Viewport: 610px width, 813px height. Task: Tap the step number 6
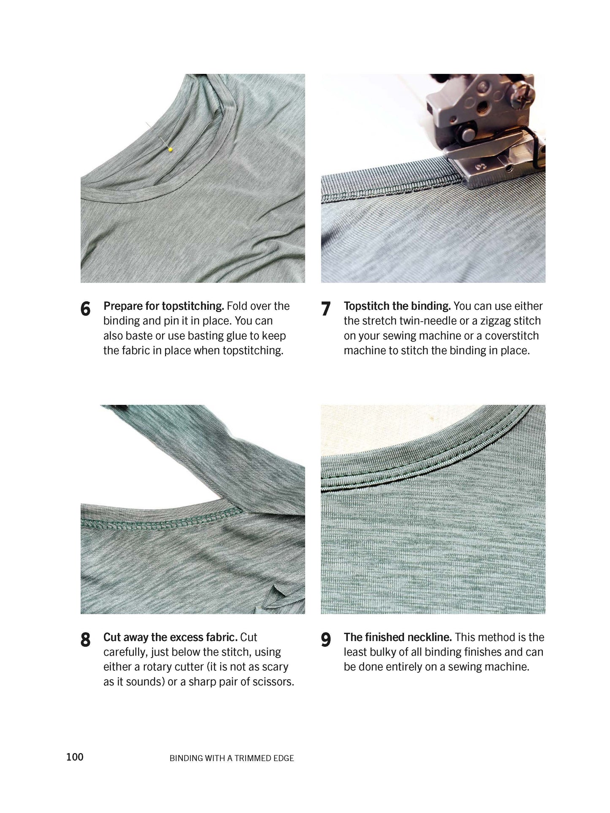pyautogui.click(x=85, y=309)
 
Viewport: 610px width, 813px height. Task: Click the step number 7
pyautogui.click(x=325, y=309)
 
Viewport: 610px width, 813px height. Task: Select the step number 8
pyautogui.click(x=85, y=640)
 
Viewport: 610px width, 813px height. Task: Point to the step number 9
pyautogui.click(x=325, y=640)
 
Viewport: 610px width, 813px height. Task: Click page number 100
pyautogui.click(x=75, y=757)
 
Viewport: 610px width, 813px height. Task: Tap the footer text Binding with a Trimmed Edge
pyautogui.click(x=231, y=758)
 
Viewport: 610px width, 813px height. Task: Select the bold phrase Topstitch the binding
pyautogui.click(x=397, y=306)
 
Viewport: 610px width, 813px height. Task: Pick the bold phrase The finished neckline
pyautogui.click(x=397, y=637)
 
